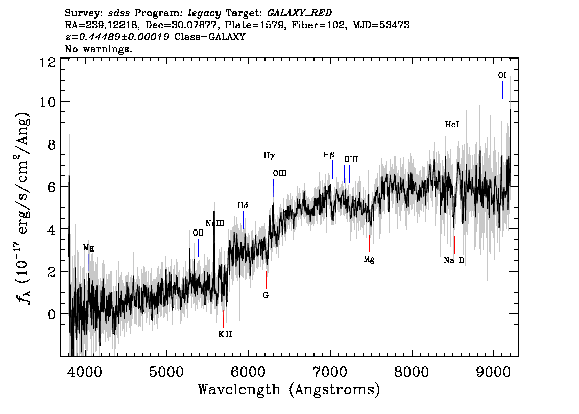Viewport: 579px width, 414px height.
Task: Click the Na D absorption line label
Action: [454, 261]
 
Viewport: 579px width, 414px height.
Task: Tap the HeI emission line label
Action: [451, 125]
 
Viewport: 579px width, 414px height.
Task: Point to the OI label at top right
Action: [502, 75]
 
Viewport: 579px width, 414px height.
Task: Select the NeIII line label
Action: [215, 223]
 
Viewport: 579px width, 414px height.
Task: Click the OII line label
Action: [198, 233]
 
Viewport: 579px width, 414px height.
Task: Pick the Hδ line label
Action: [243, 205]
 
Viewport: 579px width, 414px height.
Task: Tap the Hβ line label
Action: [329, 155]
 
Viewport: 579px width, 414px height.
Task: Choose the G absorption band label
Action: [266, 296]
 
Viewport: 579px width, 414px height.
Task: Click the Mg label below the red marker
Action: [369, 259]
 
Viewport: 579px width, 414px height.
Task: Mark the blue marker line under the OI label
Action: [502, 90]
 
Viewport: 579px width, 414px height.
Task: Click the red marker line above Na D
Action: [454, 245]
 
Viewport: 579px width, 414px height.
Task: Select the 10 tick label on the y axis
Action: [48, 102]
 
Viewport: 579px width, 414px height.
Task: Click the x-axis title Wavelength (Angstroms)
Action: [289, 389]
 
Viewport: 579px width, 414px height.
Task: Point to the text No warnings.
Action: [98, 49]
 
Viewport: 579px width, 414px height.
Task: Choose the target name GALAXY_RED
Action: [300, 13]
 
